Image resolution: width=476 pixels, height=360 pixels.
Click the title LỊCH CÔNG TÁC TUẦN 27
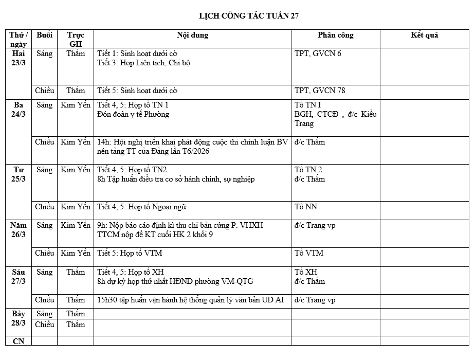coord(249,16)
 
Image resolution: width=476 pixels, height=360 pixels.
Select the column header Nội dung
coord(192,35)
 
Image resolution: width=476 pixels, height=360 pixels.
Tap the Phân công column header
coord(335,35)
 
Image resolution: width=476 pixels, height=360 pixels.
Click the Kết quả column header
coord(424,35)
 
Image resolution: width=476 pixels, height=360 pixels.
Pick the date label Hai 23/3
coord(19,58)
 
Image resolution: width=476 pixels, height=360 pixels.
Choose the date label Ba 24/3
coord(19,110)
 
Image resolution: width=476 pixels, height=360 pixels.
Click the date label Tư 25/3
coord(19,174)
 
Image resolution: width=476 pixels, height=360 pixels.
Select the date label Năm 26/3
coord(19,230)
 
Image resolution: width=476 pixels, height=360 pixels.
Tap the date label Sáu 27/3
coord(19,277)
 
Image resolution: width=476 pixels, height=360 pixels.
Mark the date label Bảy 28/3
coord(19,318)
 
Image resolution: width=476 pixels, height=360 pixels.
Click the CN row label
coord(19,341)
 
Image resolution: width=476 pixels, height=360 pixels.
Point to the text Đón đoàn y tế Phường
coord(133,114)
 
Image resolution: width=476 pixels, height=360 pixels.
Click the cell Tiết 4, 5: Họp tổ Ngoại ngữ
coord(141,207)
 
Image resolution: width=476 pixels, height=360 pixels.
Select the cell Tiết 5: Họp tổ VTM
coord(130,253)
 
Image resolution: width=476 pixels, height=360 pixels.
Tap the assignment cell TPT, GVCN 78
coord(320,91)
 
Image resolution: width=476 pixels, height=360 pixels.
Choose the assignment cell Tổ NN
coord(306,207)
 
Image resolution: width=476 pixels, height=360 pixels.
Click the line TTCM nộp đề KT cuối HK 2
coord(155,235)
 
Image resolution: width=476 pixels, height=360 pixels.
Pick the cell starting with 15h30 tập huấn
coord(190,300)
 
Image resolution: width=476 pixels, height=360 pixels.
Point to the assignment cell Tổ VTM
coord(309,253)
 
